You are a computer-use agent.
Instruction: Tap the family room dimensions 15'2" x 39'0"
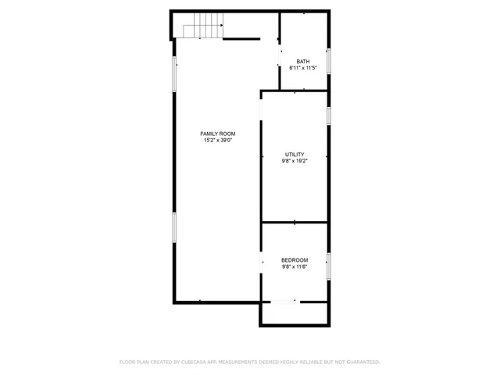coord(218,141)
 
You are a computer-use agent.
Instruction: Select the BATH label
coord(303,62)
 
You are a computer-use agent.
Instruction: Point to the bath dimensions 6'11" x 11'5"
coord(303,68)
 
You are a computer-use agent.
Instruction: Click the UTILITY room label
coord(295,155)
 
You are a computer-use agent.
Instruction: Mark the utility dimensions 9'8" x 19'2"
coord(295,161)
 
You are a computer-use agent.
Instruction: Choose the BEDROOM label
coord(295,260)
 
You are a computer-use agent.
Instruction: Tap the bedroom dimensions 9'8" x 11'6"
coord(295,266)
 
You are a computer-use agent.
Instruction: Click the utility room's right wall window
coord(329,115)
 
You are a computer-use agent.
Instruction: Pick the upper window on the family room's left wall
coord(173,73)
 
